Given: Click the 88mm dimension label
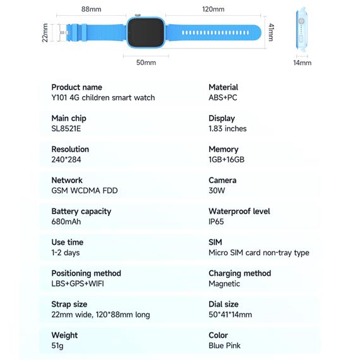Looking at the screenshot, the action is point(91,9).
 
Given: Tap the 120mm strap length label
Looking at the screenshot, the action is point(213,9).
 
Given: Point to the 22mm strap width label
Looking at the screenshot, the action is point(45,33).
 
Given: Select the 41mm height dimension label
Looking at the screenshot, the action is point(271,32).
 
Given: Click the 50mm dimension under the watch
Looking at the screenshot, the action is point(146,63).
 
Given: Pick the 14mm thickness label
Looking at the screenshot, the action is point(302,63).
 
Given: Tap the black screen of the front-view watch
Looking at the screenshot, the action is point(145,32).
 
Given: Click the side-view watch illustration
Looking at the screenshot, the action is point(301,29).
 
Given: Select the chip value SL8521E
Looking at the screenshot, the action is point(66,129).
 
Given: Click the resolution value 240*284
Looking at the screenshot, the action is point(66,160).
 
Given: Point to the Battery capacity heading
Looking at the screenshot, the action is point(81,212).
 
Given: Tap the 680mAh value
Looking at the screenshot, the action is point(66,222).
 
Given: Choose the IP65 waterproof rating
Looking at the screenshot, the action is point(216,222).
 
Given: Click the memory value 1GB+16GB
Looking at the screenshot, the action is point(226,160).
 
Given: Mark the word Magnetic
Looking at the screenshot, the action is point(224,284).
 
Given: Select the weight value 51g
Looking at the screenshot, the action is point(57,345).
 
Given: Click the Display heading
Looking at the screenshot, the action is point(222,119).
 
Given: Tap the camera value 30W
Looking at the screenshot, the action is point(217,191).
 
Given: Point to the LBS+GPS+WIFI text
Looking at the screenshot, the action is point(78,284).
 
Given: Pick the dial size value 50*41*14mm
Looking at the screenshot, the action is point(231,315).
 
